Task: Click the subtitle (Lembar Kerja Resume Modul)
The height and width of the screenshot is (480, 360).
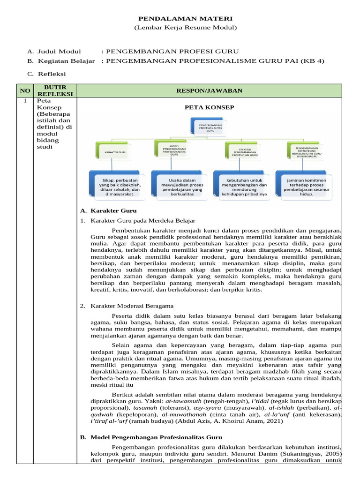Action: point(185,28)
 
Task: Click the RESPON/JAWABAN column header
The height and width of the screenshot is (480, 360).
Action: point(209,90)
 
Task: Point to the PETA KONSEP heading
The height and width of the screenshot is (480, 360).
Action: point(209,107)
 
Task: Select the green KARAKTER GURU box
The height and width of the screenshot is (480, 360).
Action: point(115,152)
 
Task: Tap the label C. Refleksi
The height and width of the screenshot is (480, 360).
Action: point(46,74)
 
